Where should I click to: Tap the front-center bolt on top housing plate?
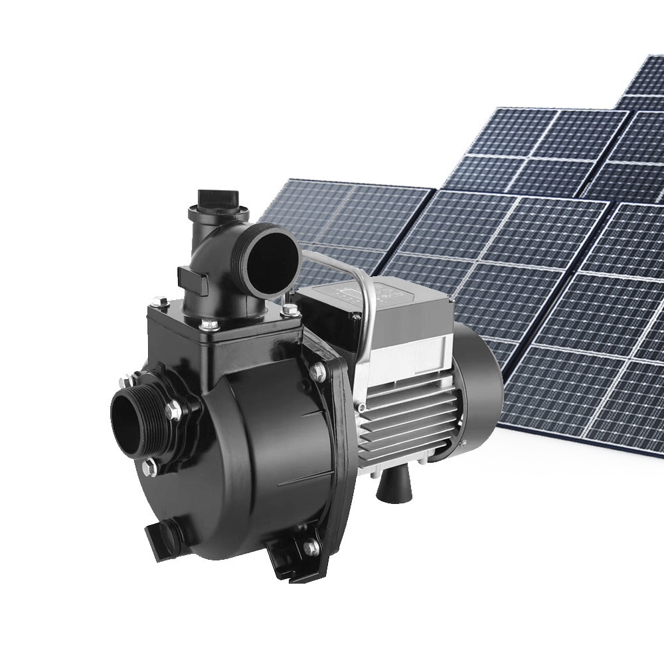210,325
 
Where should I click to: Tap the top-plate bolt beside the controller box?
288,309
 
